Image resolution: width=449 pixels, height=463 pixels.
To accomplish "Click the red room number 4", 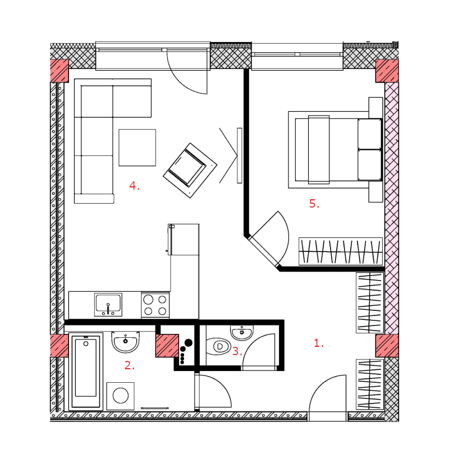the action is tap(134, 186).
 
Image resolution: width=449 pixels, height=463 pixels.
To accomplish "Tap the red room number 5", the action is tap(314, 204).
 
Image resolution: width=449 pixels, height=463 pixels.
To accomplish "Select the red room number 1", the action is tap(318, 343).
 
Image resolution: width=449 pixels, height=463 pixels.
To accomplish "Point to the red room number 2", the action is tap(130, 365).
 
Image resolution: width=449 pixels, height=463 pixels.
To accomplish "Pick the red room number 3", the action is tap(237, 351).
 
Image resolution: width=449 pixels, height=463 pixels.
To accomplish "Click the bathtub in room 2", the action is tap(86, 372).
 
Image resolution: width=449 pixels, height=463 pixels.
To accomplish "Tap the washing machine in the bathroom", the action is tap(120, 396).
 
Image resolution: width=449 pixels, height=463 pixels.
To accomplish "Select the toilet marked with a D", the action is tap(218, 346).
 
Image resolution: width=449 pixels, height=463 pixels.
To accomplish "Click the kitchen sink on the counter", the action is tap(108, 305).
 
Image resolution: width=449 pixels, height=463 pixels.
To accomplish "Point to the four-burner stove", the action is tap(155, 305).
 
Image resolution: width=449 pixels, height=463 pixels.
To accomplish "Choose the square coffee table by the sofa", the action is tap(138, 148).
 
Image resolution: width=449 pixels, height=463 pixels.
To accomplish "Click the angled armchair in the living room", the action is tap(190, 171).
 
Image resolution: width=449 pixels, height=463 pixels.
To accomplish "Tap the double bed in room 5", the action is tap(335, 150).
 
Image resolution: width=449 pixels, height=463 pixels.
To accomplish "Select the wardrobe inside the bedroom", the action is tap(341, 251).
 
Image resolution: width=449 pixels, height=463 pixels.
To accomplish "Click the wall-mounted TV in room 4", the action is tap(240, 155).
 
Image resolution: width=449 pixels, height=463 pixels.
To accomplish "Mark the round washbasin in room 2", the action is tap(126, 342).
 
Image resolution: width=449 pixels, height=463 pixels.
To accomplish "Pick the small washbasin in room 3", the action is tap(242, 332).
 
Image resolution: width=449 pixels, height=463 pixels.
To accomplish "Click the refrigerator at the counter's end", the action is tap(184, 240).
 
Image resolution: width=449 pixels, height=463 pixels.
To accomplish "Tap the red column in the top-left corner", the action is tap(59, 71).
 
